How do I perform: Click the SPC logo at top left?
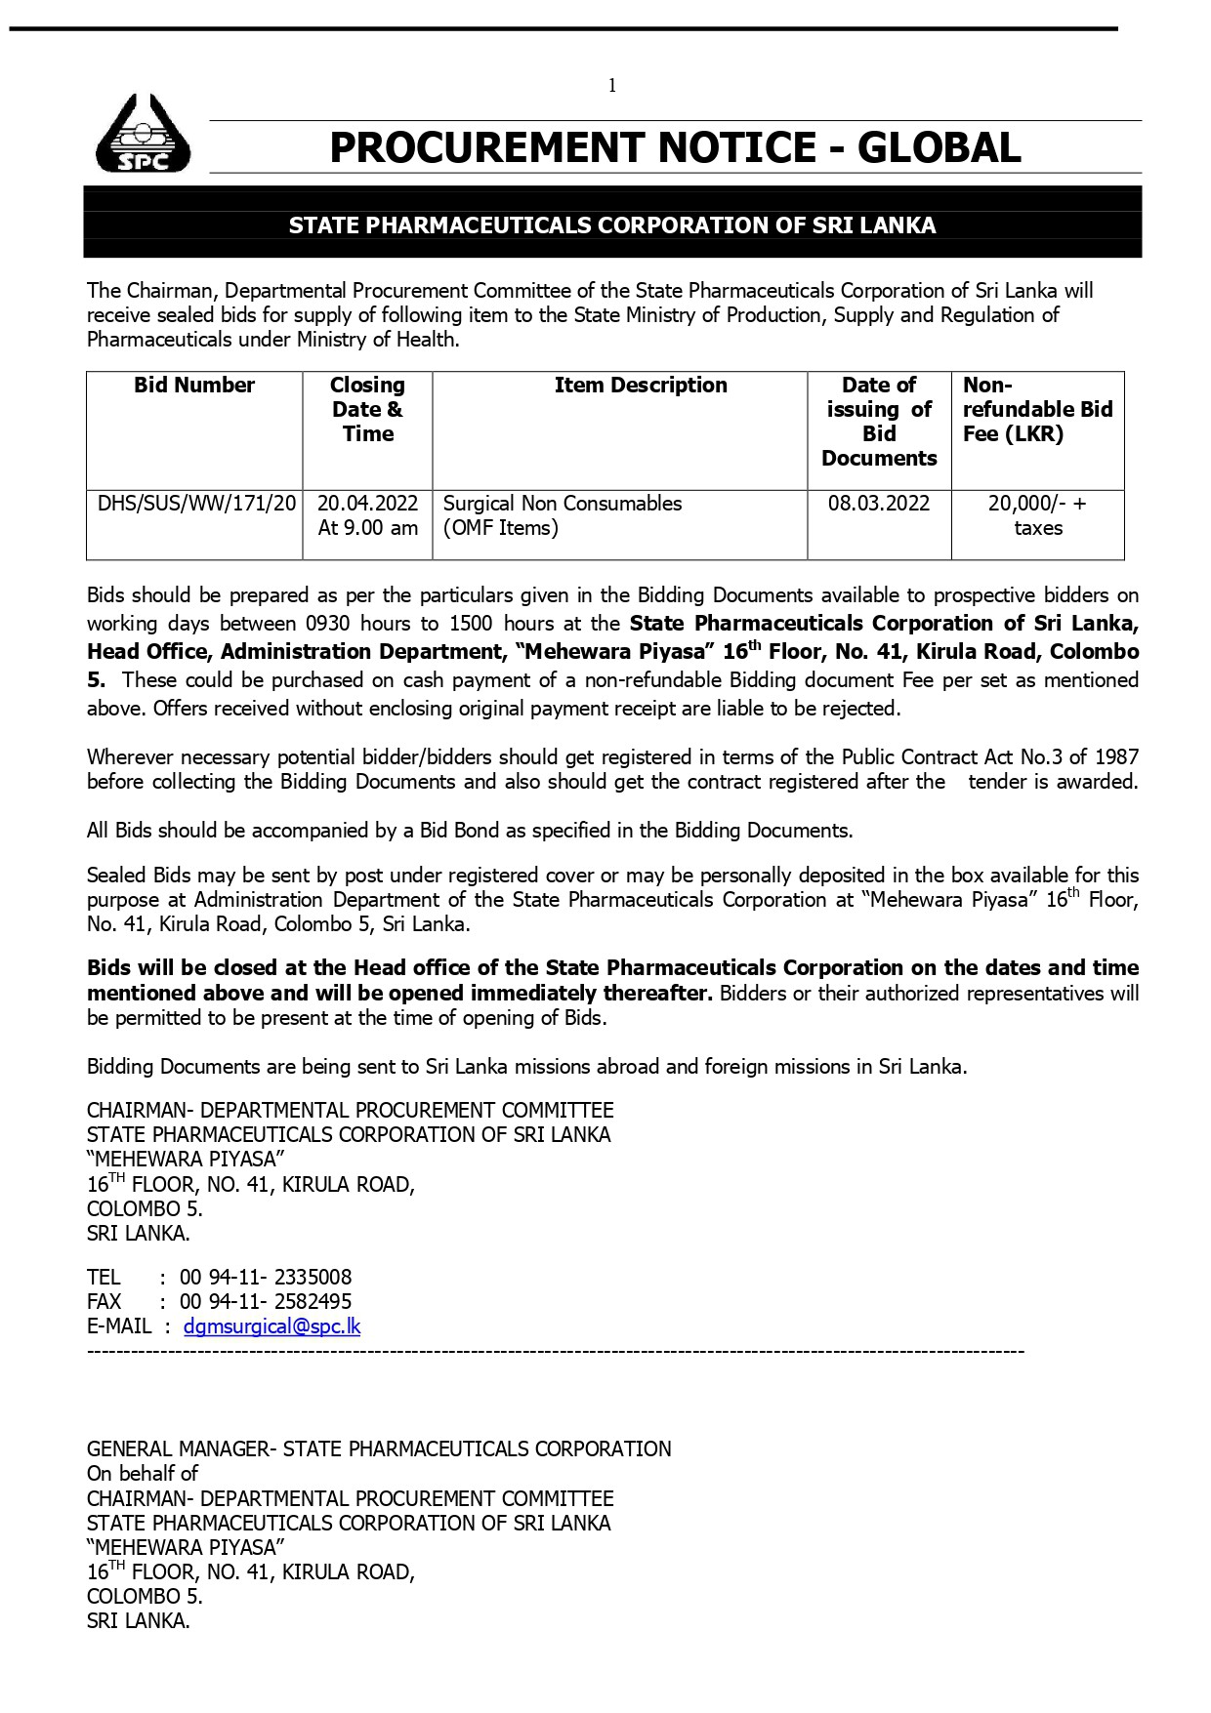coord(143,134)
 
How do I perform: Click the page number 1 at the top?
coord(612,86)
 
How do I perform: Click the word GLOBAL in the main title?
coord(939,147)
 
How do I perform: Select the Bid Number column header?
coord(194,386)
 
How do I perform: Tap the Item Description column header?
coord(641,386)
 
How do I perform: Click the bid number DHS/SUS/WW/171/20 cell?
coord(196,504)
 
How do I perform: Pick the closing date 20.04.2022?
coord(367,504)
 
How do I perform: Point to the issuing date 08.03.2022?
coord(879,504)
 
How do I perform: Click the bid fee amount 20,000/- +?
coord(1037,504)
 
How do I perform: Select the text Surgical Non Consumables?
coord(563,504)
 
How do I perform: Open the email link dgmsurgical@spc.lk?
coord(271,1326)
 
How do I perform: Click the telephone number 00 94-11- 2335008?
coord(266,1278)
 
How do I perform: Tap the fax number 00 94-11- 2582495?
coord(266,1302)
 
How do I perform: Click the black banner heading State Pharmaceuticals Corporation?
coord(612,225)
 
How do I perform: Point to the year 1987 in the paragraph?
coord(1116,757)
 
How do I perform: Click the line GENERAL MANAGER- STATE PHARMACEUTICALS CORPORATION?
coord(379,1449)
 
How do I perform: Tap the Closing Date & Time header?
coord(367,410)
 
